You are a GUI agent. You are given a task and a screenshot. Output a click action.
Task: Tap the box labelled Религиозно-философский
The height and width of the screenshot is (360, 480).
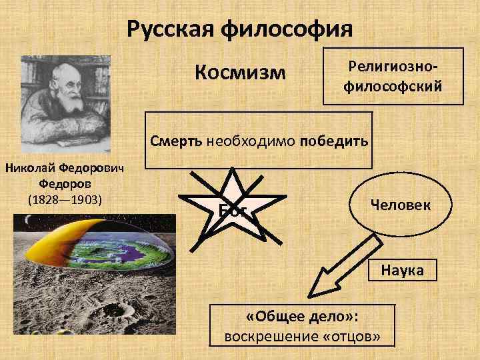coord(393,76)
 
